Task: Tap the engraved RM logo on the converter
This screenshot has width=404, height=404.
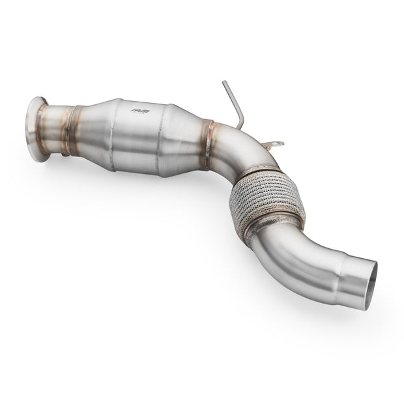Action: tap(139, 111)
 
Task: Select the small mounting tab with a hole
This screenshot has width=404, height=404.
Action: tap(275, 145)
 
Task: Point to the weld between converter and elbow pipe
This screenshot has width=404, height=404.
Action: tap(209, 137)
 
